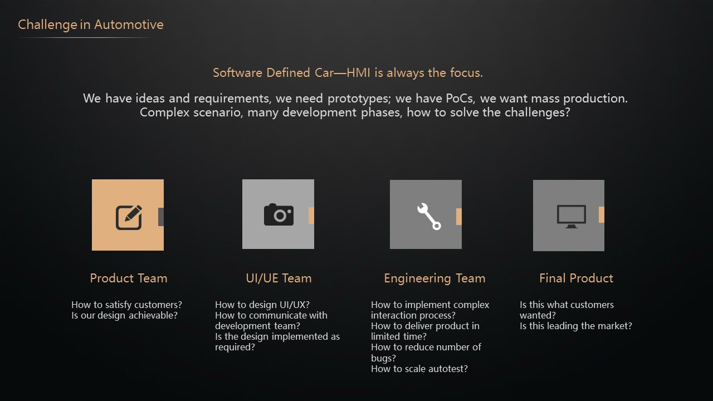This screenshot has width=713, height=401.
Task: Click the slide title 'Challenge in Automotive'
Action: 91,25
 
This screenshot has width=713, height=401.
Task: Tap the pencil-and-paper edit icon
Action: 129,217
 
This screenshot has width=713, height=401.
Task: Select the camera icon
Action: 279,214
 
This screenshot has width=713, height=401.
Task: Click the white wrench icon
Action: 429,217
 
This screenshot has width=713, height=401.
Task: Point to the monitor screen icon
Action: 572,217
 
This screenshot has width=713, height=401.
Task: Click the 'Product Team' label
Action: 129,278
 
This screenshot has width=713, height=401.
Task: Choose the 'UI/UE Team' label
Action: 279,278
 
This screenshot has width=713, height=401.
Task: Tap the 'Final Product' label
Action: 576,278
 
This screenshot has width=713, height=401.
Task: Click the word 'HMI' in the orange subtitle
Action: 358,73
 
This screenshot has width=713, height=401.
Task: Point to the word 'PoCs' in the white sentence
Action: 460,99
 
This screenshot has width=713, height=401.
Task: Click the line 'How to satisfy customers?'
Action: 126,305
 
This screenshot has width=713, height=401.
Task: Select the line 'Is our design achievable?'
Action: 124,315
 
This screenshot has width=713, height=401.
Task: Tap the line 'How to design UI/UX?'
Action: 262,305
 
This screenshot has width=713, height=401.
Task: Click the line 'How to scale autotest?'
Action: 419,369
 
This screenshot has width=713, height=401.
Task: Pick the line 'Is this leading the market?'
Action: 576,326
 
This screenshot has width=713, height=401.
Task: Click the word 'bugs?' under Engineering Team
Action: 384,358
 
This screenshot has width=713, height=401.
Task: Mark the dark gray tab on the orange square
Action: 161,217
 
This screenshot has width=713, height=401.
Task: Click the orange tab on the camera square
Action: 311,216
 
